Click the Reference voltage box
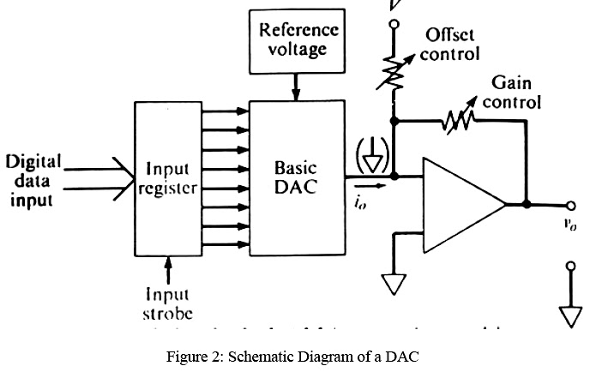[298, 39]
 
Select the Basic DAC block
[296, 176]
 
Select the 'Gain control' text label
[512, 93]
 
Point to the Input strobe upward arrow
[168, 267]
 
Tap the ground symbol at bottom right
[570, 315]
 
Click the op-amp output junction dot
[526, 205]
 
